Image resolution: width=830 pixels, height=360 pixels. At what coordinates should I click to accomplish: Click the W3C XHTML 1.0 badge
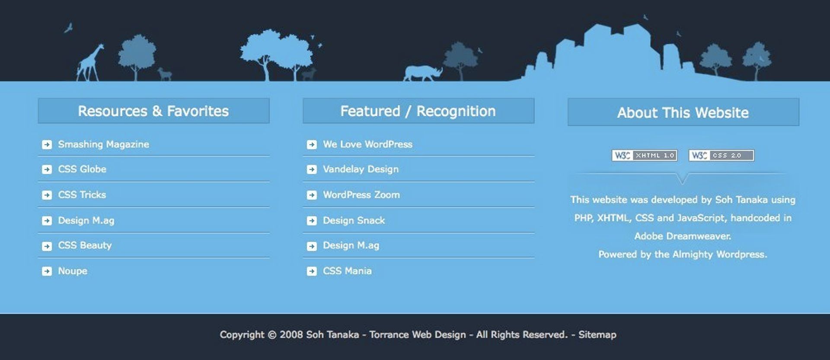(644, 156)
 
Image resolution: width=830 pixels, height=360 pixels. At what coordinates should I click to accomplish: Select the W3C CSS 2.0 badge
(721, 156)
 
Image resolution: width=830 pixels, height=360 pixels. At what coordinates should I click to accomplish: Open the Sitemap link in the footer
(597, 335)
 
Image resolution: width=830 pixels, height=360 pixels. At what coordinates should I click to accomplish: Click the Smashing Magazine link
(103, 144)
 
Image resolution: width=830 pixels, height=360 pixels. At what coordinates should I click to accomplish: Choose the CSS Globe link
(82, 169)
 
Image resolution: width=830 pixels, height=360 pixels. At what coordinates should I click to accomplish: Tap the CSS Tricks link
(82, 195)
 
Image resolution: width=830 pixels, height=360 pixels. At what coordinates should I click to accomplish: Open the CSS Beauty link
(85, 245)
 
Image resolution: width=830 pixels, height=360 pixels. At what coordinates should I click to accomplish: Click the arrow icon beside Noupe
(47, 271)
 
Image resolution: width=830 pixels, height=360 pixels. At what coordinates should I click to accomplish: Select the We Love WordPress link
(367, 144)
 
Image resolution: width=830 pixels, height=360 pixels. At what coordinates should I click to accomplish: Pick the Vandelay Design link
(361, 169)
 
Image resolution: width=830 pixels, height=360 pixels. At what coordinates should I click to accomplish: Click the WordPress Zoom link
(361, 195)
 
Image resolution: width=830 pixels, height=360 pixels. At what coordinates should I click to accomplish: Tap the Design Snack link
(354, 220)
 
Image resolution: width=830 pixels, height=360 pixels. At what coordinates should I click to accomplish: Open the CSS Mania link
(347, 271)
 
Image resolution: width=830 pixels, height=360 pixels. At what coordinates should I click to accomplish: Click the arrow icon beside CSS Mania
(312, 271)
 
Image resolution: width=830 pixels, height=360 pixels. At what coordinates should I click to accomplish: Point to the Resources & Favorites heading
(153, 111)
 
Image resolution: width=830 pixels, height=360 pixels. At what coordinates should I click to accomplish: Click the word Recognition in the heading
(456, 111)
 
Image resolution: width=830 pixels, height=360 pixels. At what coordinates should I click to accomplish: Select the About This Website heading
(683, 113)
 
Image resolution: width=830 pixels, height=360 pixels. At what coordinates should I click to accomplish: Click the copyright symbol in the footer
(272, 335)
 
